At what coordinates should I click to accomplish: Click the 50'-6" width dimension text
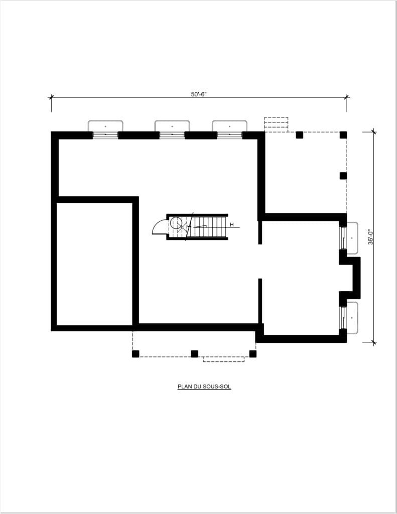tap(199, 94)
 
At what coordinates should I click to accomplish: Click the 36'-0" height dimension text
tap(371, 236)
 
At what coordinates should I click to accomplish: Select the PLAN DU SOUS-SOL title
tap(204, 387)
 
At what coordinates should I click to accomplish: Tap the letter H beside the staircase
tap(232, 225)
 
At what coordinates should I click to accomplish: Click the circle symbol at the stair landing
tap(177, 222)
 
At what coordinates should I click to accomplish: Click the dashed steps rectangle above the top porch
tap(276, 124)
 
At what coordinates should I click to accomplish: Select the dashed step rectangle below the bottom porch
tap(223, 359)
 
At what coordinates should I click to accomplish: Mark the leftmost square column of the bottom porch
tap(136, 354)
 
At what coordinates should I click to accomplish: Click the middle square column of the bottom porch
tap(194, 354)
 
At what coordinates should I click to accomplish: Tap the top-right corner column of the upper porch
tap(343, 135)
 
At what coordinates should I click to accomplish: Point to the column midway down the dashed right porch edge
tap(343, 176)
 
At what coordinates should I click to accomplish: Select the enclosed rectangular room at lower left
tap(94, 264)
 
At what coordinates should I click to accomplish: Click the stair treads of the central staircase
tap(209, 226)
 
